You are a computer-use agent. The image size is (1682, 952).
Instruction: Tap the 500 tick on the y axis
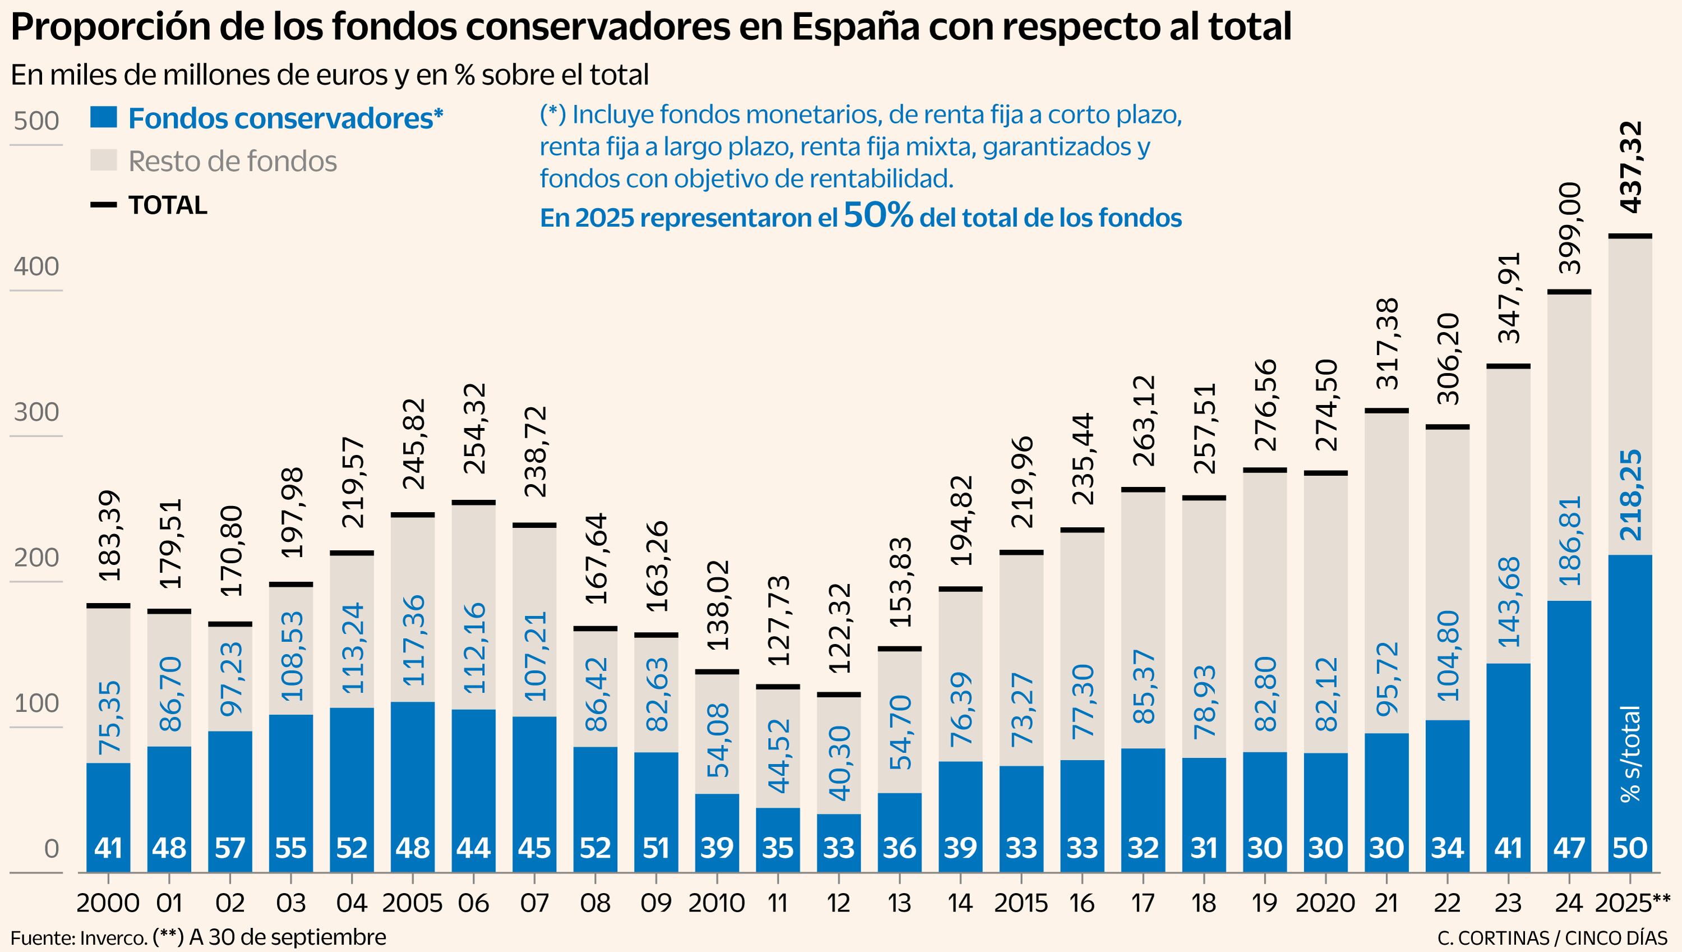coord(36,121)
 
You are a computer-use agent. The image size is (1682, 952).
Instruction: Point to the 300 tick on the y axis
coord(36,412)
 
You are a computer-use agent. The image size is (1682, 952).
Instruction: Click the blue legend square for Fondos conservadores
coord(103,118)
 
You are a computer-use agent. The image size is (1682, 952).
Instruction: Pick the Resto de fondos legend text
coord(233,161)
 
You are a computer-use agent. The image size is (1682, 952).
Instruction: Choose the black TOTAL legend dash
coord(103,205)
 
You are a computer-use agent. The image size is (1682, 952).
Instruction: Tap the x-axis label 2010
coord(716,903)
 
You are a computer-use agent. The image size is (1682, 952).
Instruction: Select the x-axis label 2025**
coord(1632,903)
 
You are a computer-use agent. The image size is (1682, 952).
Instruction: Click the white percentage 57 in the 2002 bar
coord(230,848)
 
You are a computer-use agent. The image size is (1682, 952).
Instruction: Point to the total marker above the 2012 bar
coord(838,695)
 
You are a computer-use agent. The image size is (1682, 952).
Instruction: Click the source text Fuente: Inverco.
coord(78,937)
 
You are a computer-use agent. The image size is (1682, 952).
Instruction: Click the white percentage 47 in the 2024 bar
coord(1569,848)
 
